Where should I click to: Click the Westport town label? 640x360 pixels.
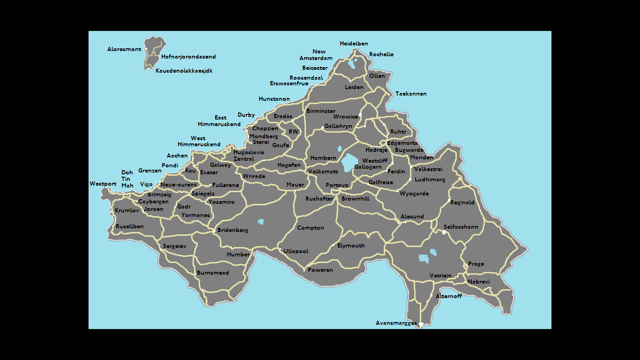pos(103,184)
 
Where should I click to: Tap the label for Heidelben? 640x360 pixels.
pos(354,44)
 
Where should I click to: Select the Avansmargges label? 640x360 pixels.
pos(396,323)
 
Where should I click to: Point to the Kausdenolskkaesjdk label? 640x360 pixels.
pos(184,71)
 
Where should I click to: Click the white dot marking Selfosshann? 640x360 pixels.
pos(444,232)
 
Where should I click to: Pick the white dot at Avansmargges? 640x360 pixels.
pos(421,324)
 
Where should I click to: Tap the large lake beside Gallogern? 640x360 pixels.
pos(349,162)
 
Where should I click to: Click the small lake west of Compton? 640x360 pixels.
pos(260,221)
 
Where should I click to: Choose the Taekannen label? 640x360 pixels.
pos(411,94)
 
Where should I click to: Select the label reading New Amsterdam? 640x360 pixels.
pos(317,55)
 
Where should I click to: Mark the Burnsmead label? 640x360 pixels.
pos(213,273)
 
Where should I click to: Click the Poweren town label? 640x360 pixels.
pos(320,270)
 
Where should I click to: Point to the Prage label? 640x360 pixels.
pos(476,264)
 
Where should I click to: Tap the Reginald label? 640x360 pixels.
pos(462,202)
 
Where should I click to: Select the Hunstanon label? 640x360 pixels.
pos(274,99)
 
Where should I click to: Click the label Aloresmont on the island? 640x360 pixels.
pos(124,49)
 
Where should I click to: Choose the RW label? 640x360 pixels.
pos(293,132)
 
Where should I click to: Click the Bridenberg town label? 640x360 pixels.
pos(233,230)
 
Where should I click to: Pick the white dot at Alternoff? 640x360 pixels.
pos(431,296)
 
